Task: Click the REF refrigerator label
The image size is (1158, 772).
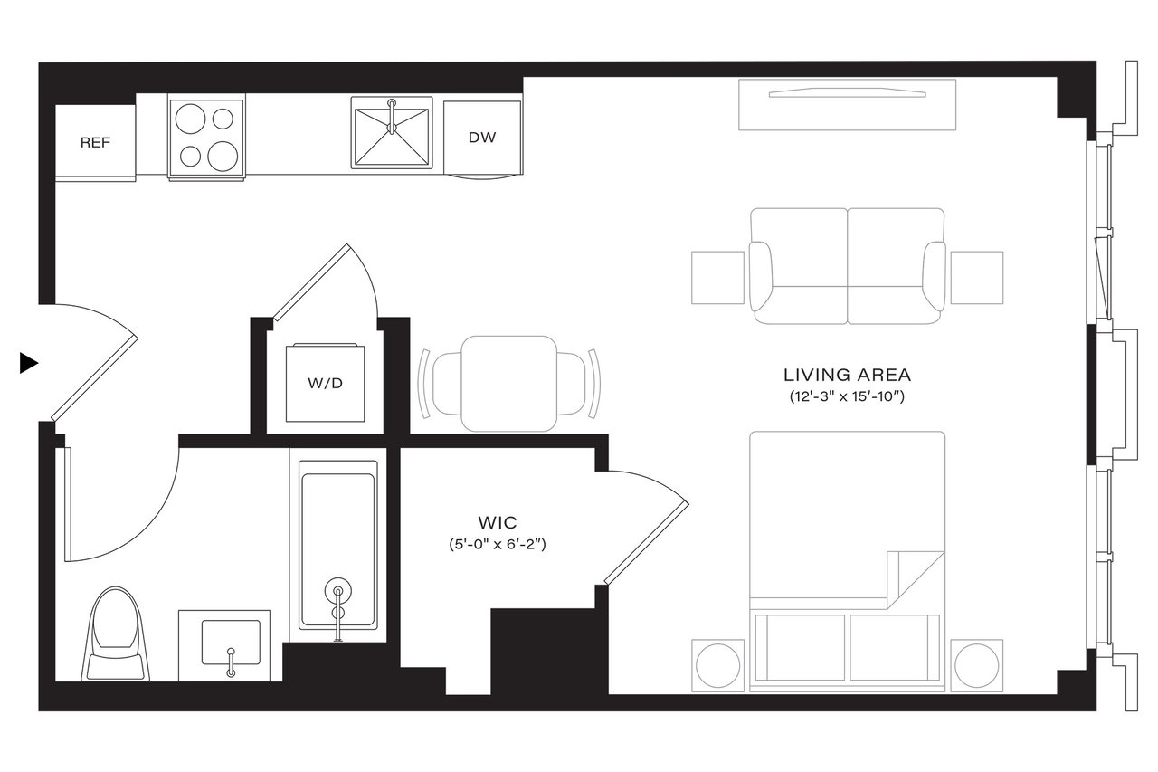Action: coord(95,143)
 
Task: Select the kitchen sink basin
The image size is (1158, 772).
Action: coord(391,136)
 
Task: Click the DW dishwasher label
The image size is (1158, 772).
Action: coord(481,138)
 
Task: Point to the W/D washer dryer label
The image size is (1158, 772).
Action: coord(326,383)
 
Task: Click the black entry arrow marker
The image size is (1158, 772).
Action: coord(29,363)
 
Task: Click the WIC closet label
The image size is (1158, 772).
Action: coord(498,523)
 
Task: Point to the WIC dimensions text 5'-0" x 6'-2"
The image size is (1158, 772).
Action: coord(498,545)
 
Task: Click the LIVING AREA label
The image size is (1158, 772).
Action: coord(847,375)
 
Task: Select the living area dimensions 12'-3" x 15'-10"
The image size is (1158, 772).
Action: coord(847,396)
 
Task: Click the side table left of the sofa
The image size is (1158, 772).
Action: coord(717,277)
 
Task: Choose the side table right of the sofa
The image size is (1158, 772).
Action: coord(976,277)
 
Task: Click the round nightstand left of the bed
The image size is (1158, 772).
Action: coord(718,665)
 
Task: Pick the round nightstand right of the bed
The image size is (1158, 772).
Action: coord(976,665)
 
